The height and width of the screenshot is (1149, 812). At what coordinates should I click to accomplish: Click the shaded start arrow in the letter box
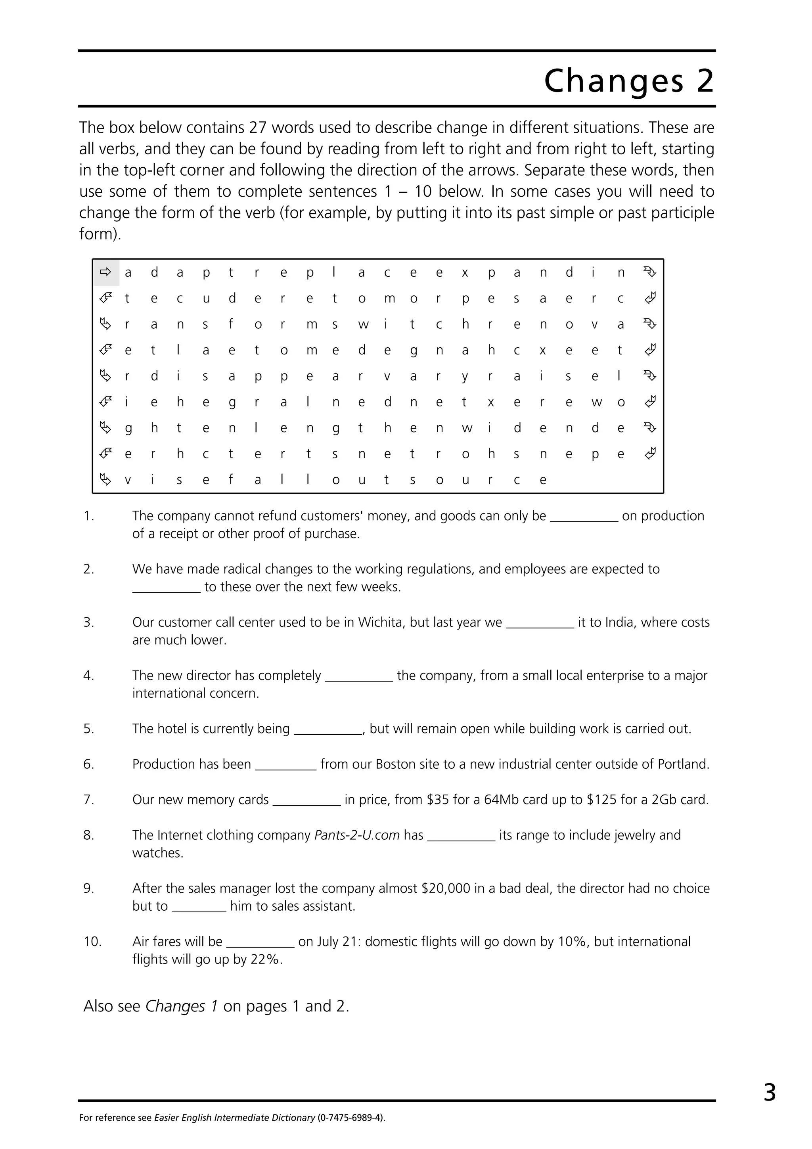pyautogui.click(x=105, y=272)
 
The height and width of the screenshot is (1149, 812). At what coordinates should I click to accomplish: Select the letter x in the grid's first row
pyautogui.click(x=465, y=273)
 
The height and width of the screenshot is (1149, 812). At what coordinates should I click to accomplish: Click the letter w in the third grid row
pyautogui.click(x=363, y=325)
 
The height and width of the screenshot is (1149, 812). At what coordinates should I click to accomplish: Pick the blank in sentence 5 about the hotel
pyautogui.click(x=328, y=729)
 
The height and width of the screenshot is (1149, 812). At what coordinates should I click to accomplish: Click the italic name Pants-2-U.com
pyautogui.click(x=357, y=835)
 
